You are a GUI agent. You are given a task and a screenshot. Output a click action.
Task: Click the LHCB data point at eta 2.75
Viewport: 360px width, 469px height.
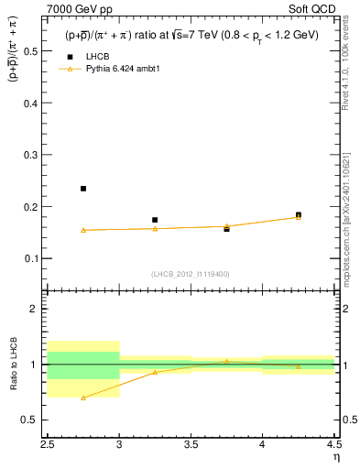(x=83, y=189)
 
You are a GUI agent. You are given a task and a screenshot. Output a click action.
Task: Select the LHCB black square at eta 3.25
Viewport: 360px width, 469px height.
(x=155, y=220)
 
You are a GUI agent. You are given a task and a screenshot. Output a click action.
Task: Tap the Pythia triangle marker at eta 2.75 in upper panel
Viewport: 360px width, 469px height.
(x=83, y=230)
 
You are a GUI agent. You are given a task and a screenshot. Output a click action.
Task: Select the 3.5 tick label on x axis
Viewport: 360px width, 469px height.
(x=191, y=445)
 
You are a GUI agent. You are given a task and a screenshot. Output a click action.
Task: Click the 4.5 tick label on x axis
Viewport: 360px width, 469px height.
(x=333, y=445)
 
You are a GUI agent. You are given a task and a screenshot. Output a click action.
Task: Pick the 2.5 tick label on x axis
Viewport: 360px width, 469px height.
(x=48, y=445)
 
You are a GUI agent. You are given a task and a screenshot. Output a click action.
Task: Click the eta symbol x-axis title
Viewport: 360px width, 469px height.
(x=335, y=457)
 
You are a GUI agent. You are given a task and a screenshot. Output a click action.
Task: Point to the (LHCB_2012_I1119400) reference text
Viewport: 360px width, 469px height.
(x=191, y=274)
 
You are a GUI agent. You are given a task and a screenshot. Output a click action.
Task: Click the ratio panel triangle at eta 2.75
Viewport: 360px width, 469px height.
(x=83, y=398)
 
